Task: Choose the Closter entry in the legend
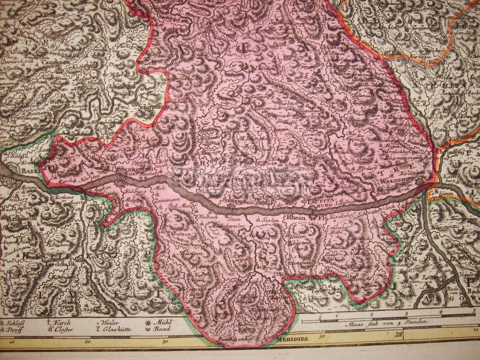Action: (64, 329)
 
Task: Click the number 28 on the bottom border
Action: (398, 335)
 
